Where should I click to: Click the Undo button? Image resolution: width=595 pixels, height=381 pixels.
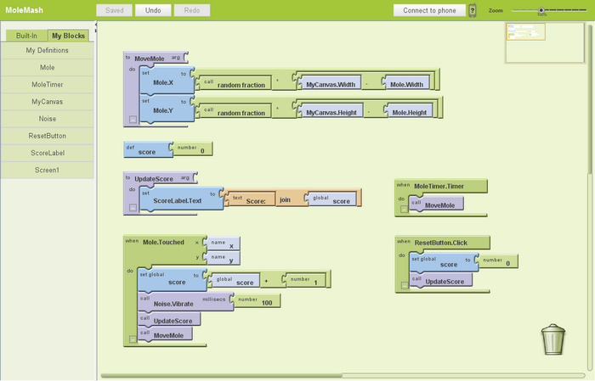153,10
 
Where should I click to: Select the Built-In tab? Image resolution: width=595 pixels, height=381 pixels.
25,36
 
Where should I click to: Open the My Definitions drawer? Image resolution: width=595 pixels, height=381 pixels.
47,50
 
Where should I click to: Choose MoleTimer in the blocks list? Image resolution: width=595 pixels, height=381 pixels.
47,84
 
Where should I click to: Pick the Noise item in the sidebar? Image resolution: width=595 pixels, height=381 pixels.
47,119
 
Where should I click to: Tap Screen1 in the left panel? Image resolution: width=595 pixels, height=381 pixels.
47,170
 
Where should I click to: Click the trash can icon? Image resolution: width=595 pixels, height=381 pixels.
552,339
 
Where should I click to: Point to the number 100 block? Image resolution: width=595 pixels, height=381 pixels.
258,301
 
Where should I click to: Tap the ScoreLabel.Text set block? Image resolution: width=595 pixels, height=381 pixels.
177,199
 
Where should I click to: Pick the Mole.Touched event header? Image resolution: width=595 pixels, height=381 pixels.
161,242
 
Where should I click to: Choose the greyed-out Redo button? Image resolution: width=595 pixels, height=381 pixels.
191,10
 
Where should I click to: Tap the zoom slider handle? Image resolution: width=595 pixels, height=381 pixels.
541,10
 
